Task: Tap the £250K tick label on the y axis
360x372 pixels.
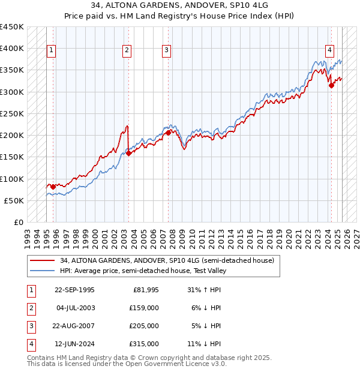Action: [x=12, y=113]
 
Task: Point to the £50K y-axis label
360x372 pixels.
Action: [x=14, y=200]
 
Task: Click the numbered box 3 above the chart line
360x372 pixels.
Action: [x=166, y=50]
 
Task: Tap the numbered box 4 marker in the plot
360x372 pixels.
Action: [x=330, y=50]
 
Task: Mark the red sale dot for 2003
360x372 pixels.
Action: [x=128, y=153]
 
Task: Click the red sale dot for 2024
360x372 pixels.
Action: [x=331, y=85]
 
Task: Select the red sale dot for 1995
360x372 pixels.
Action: [x=53, y=187]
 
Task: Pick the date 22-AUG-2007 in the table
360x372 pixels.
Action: [x=75, y=326]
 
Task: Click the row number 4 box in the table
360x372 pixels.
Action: [x=29, y=344]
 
